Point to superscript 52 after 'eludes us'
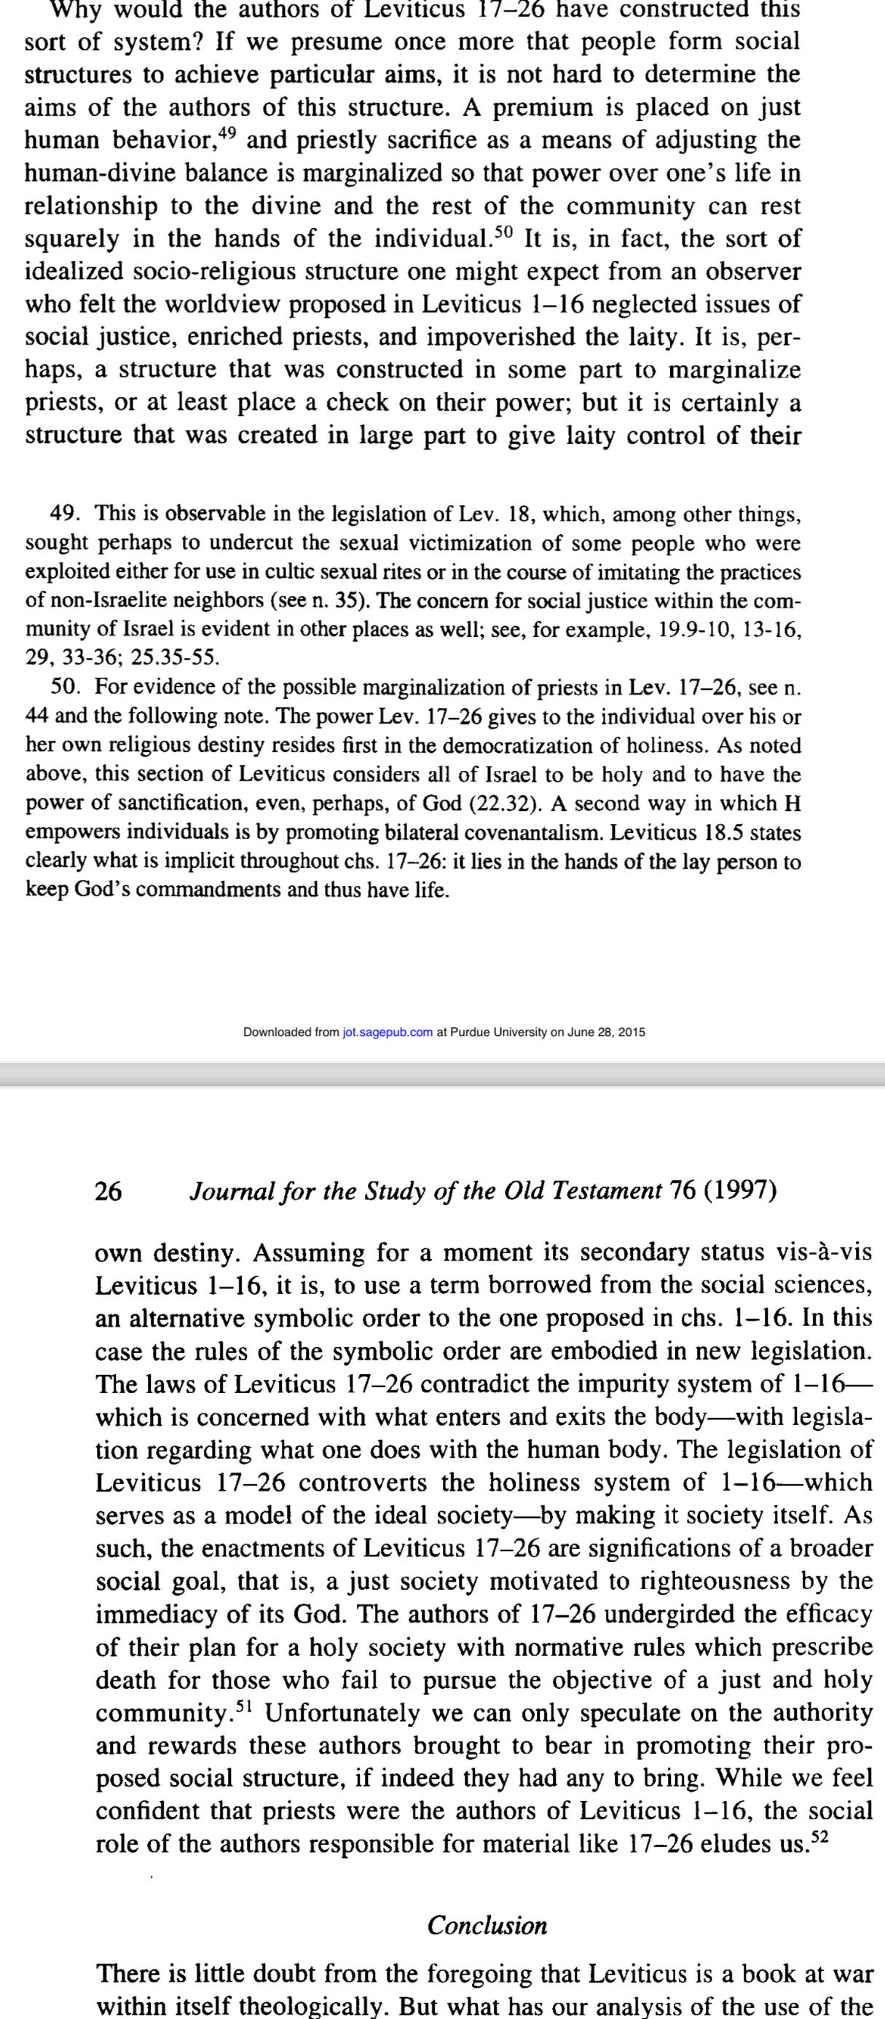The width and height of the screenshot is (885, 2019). (x=819, y=1837)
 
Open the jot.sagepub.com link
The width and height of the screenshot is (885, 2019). (x=388, y=1032)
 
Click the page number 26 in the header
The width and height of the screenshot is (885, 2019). (x=109, y=1191)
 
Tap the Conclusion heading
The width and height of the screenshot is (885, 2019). (x=487, y=1926)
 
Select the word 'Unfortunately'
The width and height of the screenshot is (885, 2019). (x=342, y=1713)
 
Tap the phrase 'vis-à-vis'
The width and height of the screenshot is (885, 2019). (x=825, y=1252)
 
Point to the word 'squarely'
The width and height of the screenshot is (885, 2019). (x=71, y=238)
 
